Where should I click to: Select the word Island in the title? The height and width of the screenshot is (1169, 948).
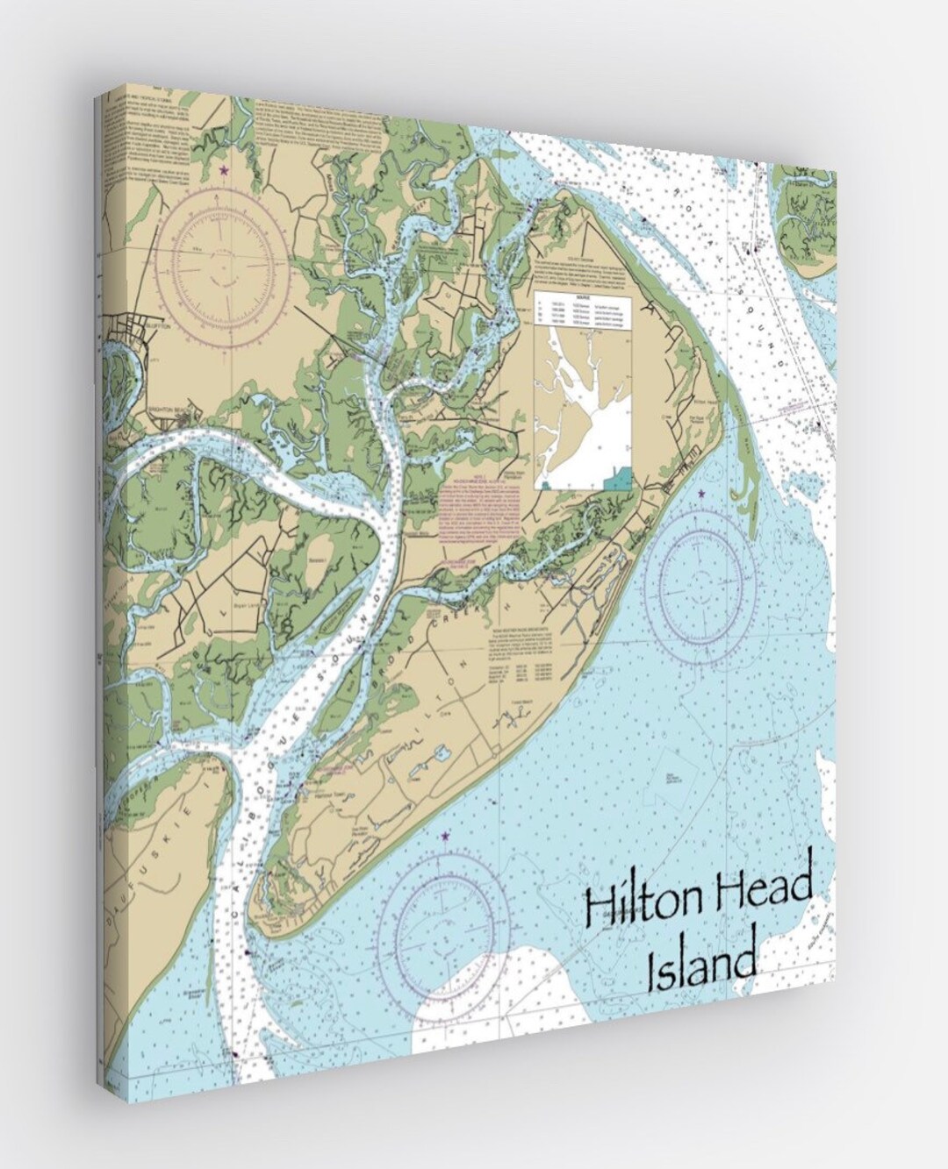[x=700, y=965]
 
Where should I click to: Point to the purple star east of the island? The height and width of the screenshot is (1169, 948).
[x=700, y=495]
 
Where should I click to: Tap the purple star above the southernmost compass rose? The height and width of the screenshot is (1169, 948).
[x=445, y=838]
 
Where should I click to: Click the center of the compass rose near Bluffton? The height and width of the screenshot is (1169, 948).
[x=226, y=260]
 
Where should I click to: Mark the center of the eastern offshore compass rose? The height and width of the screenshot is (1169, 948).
[x=700, y=579]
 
